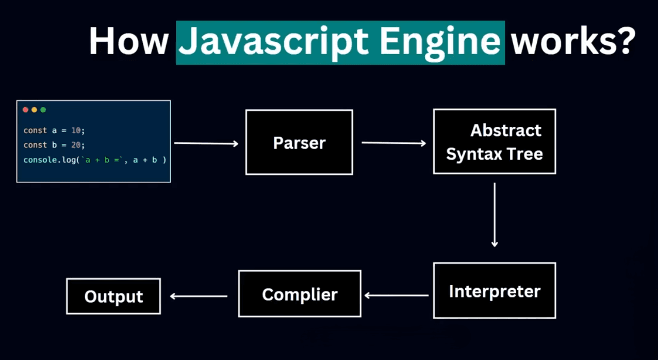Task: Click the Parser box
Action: coord(299,142)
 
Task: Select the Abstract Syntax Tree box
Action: coord(494,141)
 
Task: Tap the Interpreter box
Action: coord(494,290)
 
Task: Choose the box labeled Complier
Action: coord(299,293)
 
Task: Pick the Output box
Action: coord(113,296)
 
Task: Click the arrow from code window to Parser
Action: coord(206,143)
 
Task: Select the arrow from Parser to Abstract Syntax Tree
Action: coord(394,143)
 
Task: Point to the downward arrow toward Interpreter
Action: coord(495,215)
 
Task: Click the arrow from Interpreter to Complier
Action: coord(397,296)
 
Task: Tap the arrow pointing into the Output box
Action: coord(199,296)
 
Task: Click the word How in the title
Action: coord(128,41)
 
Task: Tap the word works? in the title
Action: coord(572,41)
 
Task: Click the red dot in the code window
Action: coord(25,110)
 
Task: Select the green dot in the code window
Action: coord(43,110)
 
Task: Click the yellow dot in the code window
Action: coord(34,110)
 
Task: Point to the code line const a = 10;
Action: coord(54,131)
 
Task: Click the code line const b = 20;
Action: coord(54,145)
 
